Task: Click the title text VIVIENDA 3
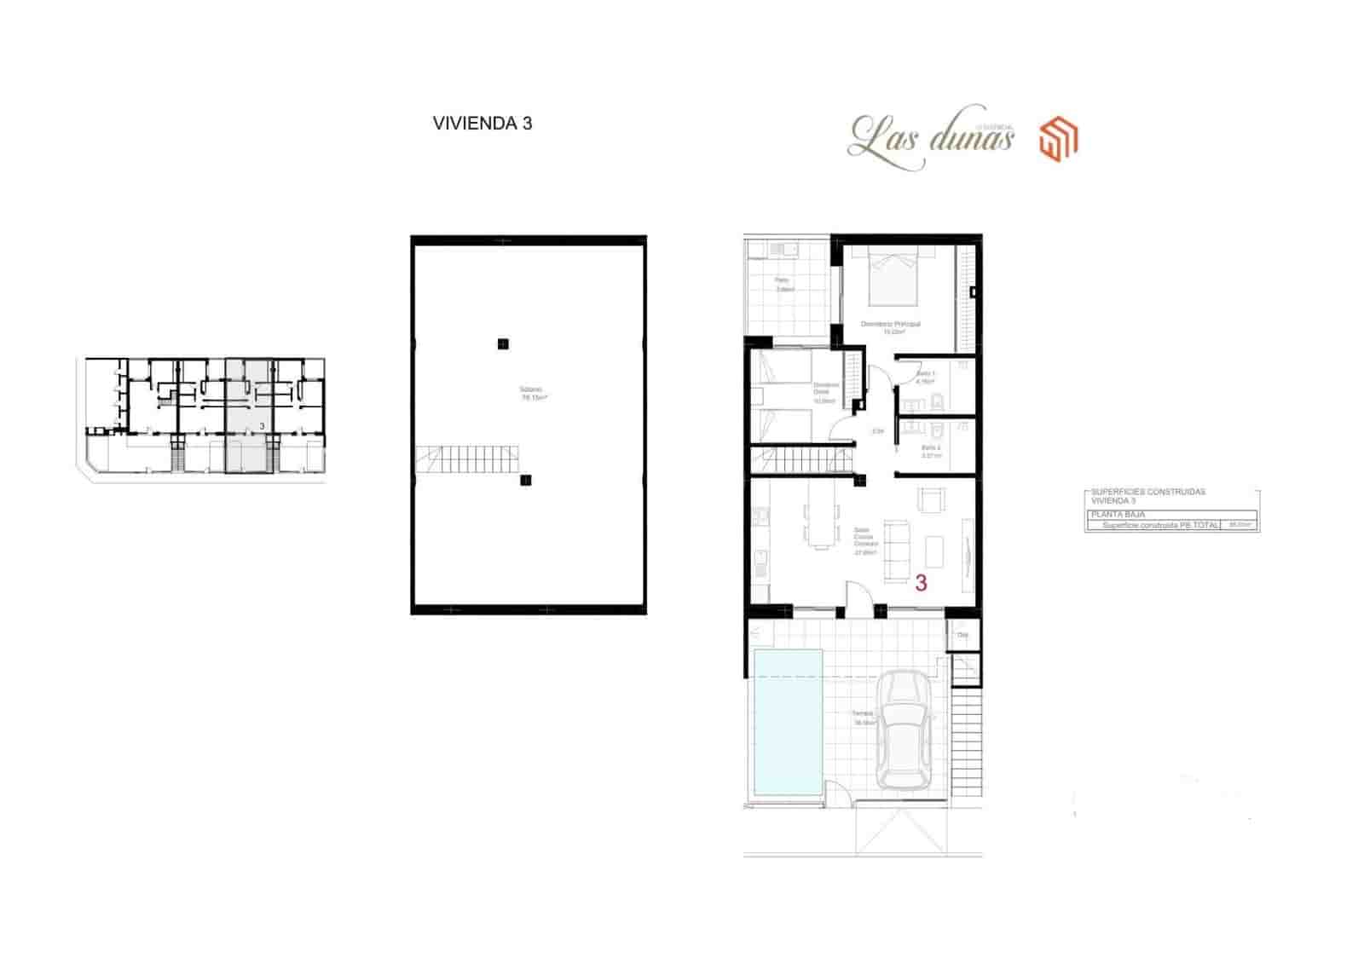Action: pos(482,124)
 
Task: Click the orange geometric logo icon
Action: pos(1058,140)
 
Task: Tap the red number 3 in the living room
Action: pos(921,583)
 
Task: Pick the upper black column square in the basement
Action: pos(503,344)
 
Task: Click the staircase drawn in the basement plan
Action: pos(468,460)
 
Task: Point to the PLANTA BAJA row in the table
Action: pos(1118,515)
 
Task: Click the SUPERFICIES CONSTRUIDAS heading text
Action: pos(1147,493)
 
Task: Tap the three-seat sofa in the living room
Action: pos(896,551)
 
